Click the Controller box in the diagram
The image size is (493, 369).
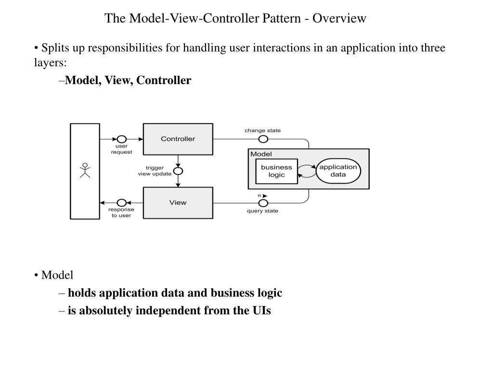click(x=178, y=139)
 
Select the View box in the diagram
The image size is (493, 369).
click(x=178, y=202)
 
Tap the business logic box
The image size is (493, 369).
click(x=276, y=171)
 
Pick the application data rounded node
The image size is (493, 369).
click(x=338, y=171)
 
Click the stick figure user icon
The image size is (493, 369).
click(x=85, y=171)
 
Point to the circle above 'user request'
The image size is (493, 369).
click(x=121, y=139)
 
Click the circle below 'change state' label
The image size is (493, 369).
click(x=263, y=139)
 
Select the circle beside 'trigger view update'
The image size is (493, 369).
click(x=178, y=171)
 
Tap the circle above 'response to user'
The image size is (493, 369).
click(x=121, y=202)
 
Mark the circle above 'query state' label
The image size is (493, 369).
click(x=263, y=202)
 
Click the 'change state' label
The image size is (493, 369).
click(x=262, y=130)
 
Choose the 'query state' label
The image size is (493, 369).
click(x=262, y=211)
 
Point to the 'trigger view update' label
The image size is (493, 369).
click(x=155, y=171)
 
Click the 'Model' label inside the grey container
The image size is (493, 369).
click(x=261, y=154)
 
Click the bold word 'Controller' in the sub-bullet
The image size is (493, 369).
click(x=164, y=80)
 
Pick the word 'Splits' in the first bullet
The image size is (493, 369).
click(x=54, y=48)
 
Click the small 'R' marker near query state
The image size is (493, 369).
click(x=259, y=196)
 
